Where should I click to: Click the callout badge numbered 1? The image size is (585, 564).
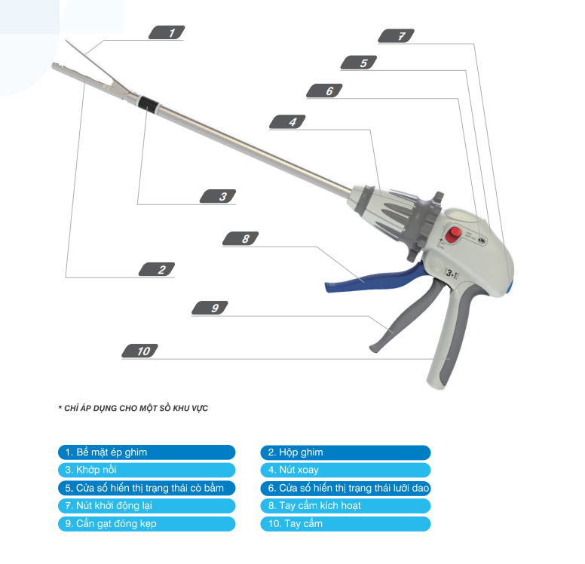(167, 32)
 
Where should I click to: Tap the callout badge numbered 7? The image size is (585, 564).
(397, 36)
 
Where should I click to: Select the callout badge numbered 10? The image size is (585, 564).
(140, 351)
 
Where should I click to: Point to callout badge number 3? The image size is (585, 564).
(218, 196)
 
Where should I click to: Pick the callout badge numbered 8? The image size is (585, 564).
(240, 238)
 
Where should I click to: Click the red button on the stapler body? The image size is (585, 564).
(454, 234)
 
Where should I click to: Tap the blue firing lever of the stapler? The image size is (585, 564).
(373, 278)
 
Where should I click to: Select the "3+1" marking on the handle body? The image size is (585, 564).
(452, 274)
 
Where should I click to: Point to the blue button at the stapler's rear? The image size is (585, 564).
(510, 287)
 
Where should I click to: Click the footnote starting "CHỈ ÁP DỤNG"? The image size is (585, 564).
(133, 408)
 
